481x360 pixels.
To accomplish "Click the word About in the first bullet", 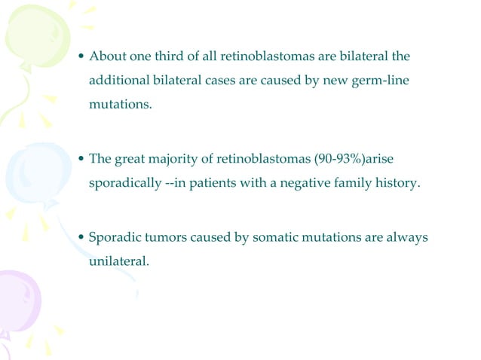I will tap(106, 57).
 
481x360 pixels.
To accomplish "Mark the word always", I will tap(406, 238).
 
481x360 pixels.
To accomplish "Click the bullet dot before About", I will tap(82, 58).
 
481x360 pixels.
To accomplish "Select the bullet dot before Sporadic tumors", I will tap(82, 239).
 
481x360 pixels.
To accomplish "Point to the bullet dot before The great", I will tap(82, 160).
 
